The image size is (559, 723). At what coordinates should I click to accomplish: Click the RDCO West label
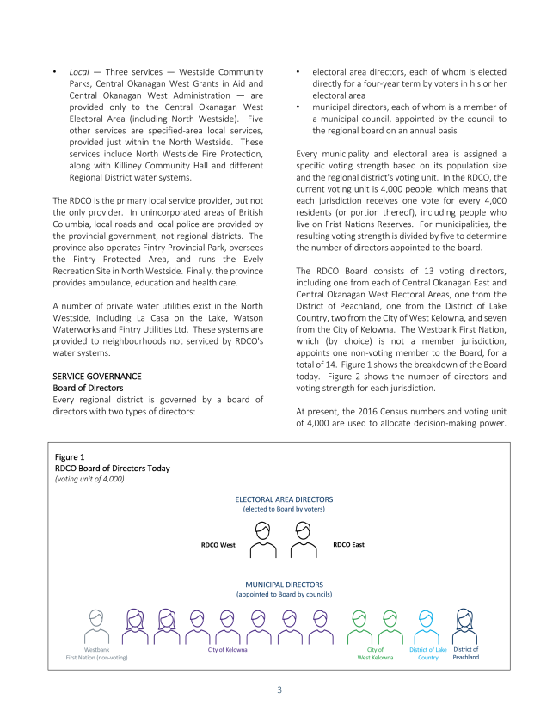pyautogui.click(x=218, y=545)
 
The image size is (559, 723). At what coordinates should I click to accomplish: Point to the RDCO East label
pyautogui.click(x=348, y=545)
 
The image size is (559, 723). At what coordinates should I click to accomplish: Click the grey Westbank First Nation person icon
pyautogui.click(x=96, y=626)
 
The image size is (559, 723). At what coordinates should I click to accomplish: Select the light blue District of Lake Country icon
pyautogui.click(x=428, y=626)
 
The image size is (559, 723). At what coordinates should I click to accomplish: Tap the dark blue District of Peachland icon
pyautogui.click(x=465, y=626)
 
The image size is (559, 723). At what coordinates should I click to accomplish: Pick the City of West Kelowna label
pyautogui.click(x=375, y=653)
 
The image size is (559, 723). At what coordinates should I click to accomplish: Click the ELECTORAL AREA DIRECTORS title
pyautogui.click(x=284, y=499)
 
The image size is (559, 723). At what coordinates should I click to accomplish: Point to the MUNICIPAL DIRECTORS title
pyautogui.click(x=284, y=585)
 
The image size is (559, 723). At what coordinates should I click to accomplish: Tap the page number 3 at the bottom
pyautogui.click(x=279, y=689)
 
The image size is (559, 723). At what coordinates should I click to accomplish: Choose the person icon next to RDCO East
pyautogui.click(x=302, y=541)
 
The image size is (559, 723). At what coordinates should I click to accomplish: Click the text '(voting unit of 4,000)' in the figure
pyautogui.click(x=89, y=479)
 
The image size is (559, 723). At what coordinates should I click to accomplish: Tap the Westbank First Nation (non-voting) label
pyautogui.click(x=96, y=653)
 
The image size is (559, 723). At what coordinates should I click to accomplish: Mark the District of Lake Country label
pyautogui.click(x=428, y=653)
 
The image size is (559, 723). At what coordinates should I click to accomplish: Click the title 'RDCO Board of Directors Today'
pyautogui.click(x=112, y=469)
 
